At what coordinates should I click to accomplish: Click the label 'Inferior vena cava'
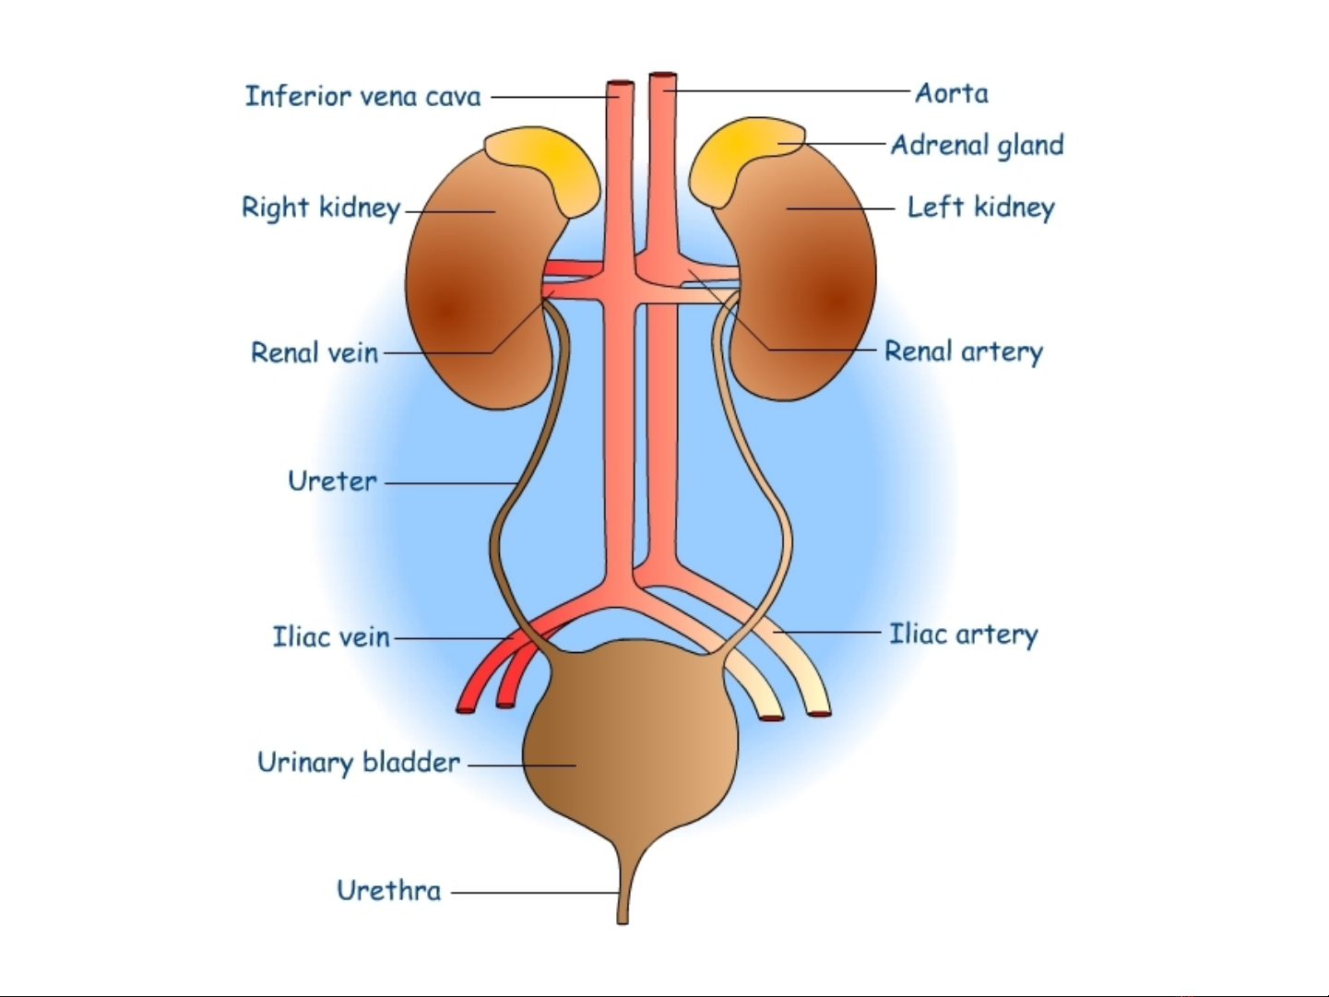[362, 96]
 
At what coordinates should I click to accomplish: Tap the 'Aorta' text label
[952, 93]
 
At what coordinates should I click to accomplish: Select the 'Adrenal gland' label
[978, 146]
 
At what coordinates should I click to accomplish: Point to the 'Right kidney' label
[321, 208]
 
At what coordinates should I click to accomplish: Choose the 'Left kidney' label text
[980, 208]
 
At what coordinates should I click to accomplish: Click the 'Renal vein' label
[314, 352]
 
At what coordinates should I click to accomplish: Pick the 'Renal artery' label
[964, 351]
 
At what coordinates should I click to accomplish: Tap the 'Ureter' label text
[332, 481]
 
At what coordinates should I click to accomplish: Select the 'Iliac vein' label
[331, 637]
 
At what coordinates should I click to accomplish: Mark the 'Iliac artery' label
[964, 635]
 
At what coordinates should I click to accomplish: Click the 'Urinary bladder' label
[359, 763]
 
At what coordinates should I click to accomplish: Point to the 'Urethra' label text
[388, 891]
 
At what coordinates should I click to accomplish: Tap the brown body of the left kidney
[812, 295]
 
